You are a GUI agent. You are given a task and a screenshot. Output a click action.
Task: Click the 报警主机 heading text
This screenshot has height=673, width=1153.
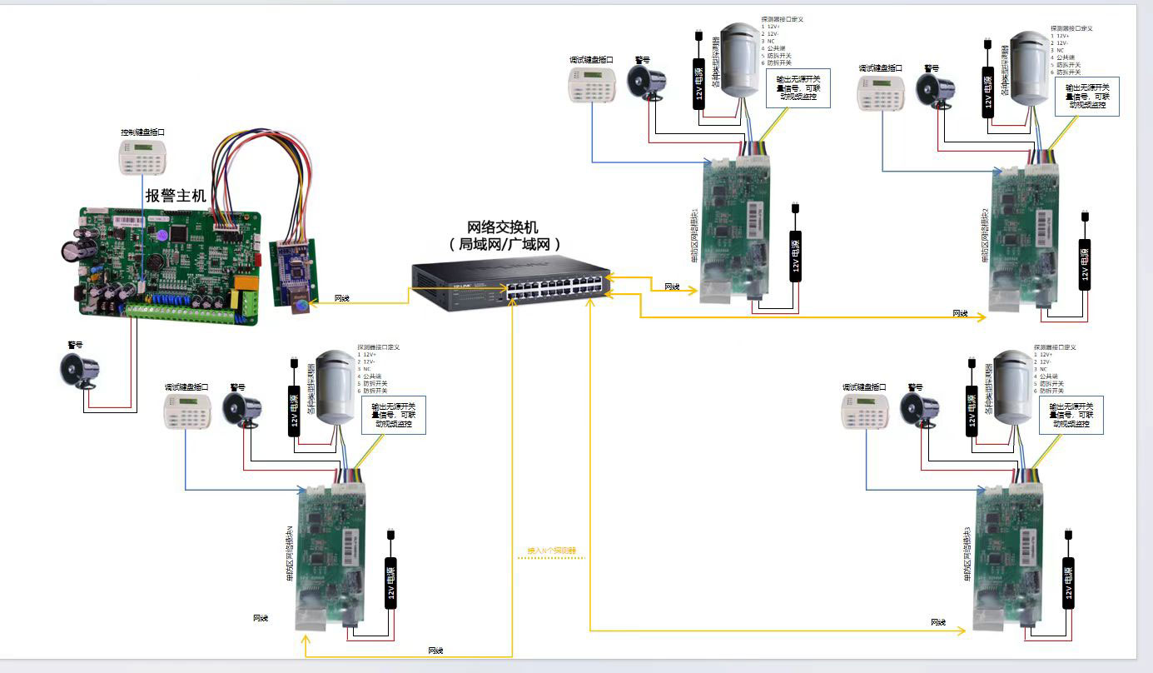pyautogui.click(x=176, y=197)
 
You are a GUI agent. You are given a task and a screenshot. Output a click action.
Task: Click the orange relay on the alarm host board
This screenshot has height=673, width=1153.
pyautogui.click(x=246, y=288)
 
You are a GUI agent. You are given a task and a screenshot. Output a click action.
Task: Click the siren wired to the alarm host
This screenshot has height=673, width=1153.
pyautogui.click(x=82, y=370)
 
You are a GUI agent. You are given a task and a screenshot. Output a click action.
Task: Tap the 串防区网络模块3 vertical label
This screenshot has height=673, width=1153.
pyautogui.click(x=967, y=555)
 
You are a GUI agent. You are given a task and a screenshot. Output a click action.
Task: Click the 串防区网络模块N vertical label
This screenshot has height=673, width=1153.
pyautogui.click(x=290, y=554)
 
